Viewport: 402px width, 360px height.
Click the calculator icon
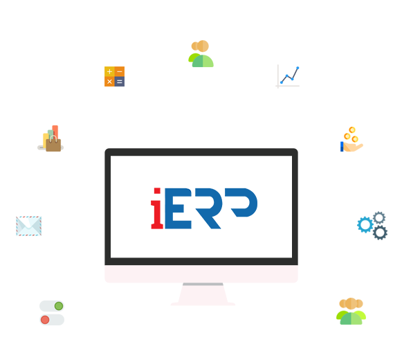click(x=114, y=76)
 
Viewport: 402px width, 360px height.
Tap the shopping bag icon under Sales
click(x=51, y=139)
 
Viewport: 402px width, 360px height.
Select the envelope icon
click(x=28, y=226)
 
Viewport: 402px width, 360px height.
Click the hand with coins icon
click(x=351, y=139)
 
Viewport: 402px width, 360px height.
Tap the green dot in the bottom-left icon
click(x=59, y=305)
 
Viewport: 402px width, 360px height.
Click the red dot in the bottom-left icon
click(x=45, y=319)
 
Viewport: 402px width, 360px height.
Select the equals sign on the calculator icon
click(x=120, y=82)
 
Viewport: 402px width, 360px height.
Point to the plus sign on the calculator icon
click(x=109, y=71)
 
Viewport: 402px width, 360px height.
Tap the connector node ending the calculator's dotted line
click(x=143, y=143)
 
